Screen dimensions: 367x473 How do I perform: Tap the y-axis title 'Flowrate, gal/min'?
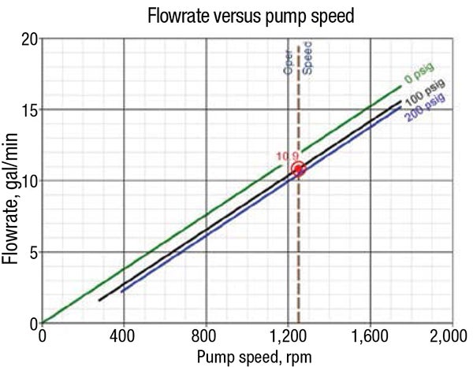12,181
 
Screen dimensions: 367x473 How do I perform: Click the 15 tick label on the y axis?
28,109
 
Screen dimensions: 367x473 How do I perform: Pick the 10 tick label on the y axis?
28,181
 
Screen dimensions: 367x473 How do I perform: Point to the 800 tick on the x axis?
206,335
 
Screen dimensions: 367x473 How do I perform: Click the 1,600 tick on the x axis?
370,335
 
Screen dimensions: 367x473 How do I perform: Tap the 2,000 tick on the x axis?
451,335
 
